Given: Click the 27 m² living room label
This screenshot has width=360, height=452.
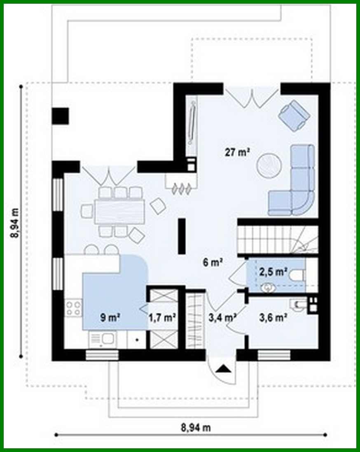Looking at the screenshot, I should pyautogui.click(x=238, y=152).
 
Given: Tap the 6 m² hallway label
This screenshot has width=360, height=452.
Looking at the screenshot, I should pyautogui.click(x=213, y=262).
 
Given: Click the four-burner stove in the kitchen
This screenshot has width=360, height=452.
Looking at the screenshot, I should pyautogui.click(x=73, y=308).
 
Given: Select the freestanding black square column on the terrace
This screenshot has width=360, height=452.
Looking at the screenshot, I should pyautogui.click(x=61, y=116).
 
